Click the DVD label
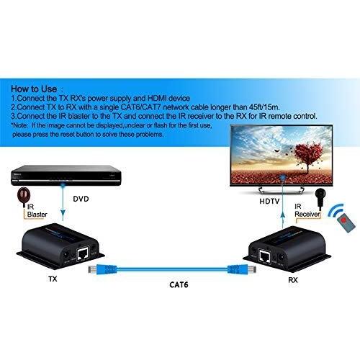click(81, 199)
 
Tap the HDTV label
click(269, 202)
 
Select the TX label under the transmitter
click(53, 279)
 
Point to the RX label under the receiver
click(293, 280)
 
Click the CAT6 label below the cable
click(179, 284)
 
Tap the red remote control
click(346, 222)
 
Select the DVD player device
click(66, 175)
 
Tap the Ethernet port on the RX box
click(265, 256)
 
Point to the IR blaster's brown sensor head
click(23, 195)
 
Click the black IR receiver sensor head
click(320, 194)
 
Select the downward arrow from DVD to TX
click(63, 202)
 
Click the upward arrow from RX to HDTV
click(283, 202)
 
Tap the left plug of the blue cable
click(103, 269)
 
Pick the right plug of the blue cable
click(242, 269)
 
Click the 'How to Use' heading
click(34, 89)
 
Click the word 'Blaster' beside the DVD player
click(37, 215)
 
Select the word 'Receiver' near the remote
click(307, 214)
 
